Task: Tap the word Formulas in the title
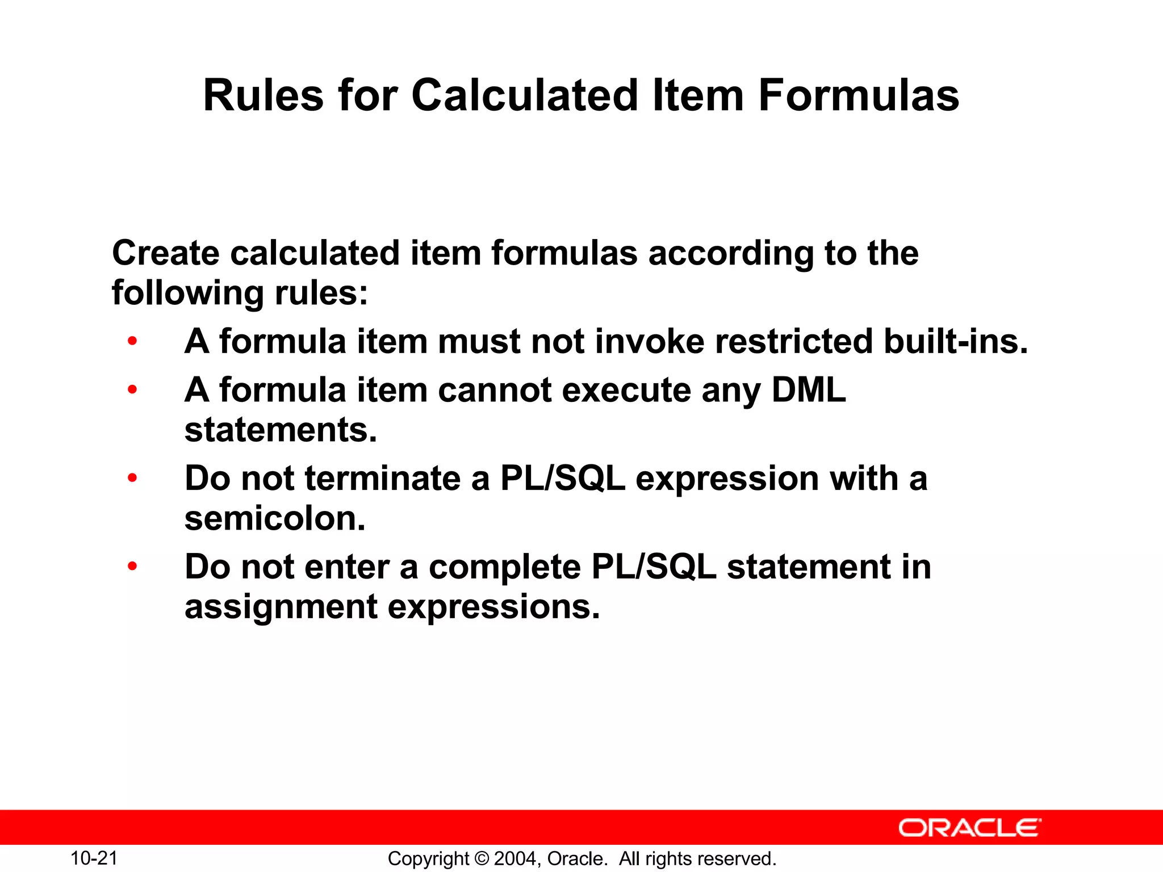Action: tap(859, 95)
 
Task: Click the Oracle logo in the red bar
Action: tap(969, 828)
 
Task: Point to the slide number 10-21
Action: tap(94, 858)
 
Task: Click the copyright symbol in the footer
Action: tap(481, 859)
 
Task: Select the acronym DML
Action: tap(808, 390)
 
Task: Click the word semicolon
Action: tap(275, 518)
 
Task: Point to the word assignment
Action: tap(281, 607)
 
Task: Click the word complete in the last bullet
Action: tap(505, 567)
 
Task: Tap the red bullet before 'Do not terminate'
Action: tap(132, 478)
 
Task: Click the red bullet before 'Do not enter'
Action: tap(132, 566)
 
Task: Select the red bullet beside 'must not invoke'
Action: tap(132, 341)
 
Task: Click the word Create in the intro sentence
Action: tap(165, 253)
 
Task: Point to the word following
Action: tap(188, 293)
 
